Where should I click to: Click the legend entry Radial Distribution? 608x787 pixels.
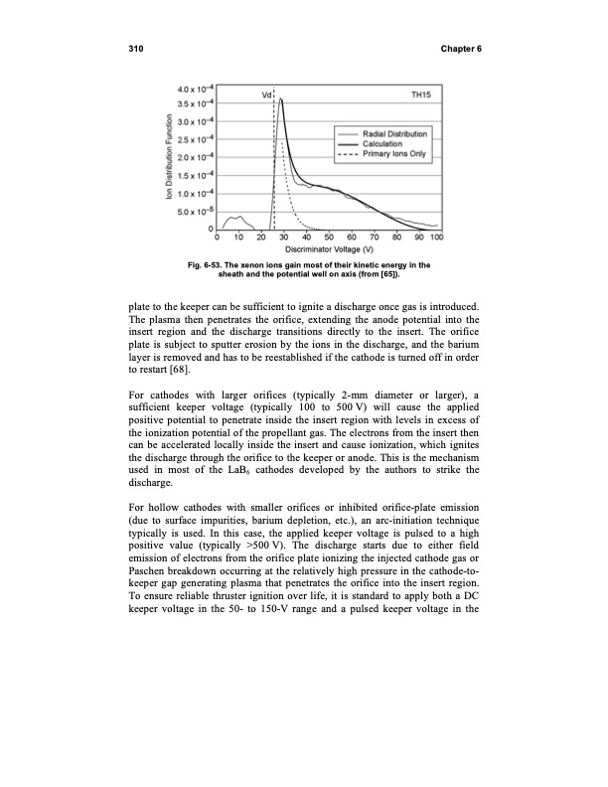(395, 133)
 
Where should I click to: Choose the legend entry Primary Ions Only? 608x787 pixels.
(397, 153)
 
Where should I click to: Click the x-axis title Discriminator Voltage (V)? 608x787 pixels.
(328, 248)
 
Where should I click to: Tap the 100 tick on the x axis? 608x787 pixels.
(437, 237)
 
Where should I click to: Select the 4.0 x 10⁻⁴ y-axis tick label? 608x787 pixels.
(193, 86)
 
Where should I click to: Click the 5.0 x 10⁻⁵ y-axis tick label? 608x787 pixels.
(193, 211)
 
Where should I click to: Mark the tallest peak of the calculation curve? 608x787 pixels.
(281, 99)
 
